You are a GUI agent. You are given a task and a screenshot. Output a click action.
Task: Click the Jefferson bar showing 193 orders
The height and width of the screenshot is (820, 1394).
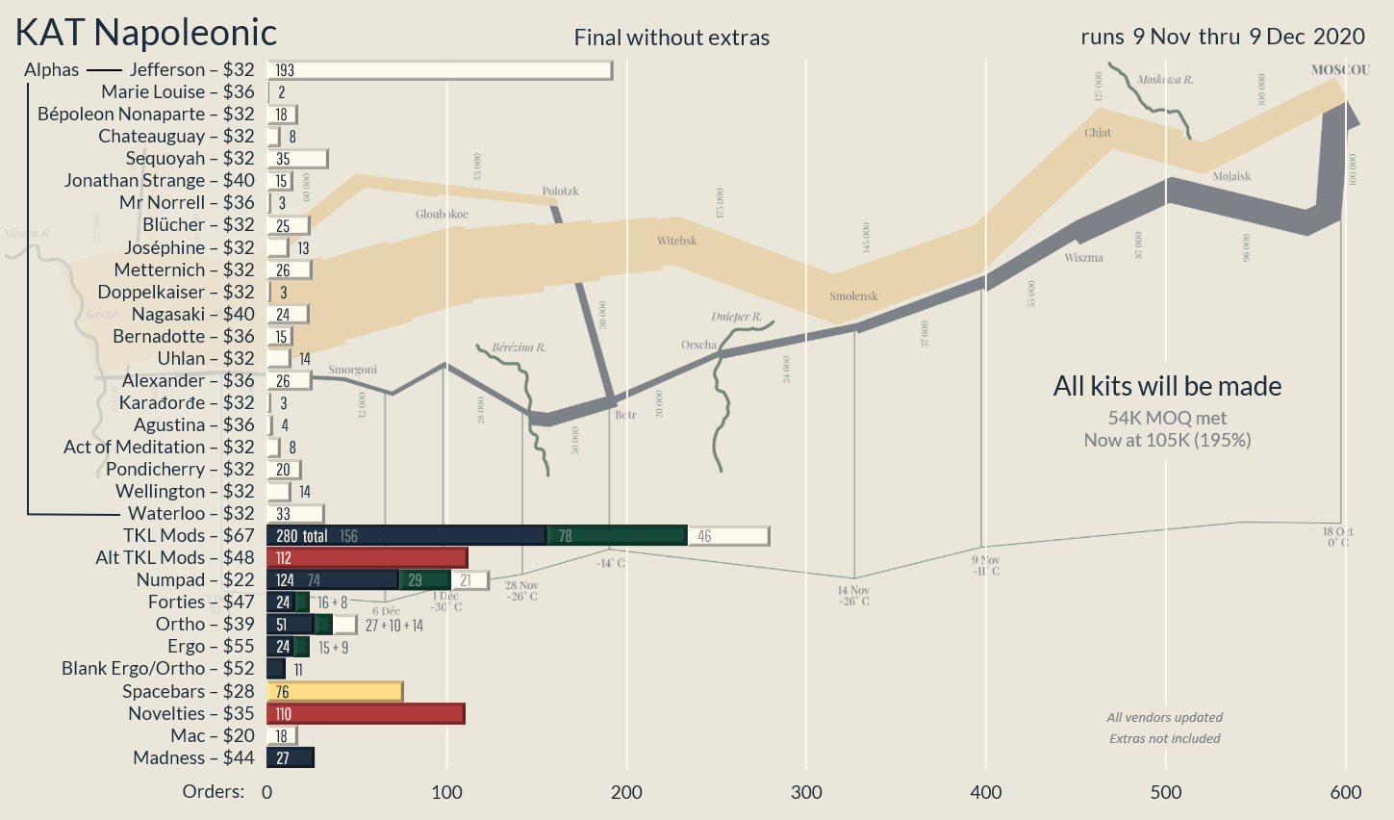point(439,70)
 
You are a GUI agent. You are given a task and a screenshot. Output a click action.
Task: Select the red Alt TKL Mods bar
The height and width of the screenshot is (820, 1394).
point(367,558)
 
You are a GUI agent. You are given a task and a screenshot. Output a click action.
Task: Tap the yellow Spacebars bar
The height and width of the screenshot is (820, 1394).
point(334,692)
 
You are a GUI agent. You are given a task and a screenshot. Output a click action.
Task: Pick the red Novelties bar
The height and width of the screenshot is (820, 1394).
point(366,714)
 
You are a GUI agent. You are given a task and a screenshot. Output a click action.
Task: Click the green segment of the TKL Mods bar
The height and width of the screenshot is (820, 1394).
point(617,536)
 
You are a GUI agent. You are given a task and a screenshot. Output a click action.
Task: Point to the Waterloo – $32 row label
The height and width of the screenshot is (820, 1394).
point(191,514)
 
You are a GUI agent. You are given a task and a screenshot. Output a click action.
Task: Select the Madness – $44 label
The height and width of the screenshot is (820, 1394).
point(193,758)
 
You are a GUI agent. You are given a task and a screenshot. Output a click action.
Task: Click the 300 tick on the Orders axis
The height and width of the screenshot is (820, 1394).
point(806,792)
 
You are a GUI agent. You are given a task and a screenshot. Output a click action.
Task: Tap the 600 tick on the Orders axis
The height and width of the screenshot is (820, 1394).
point(1345,792)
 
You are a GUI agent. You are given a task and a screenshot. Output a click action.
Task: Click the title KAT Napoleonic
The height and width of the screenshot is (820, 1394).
point(146,33)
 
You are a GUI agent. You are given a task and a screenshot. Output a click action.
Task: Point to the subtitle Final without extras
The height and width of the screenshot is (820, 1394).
point(672,38)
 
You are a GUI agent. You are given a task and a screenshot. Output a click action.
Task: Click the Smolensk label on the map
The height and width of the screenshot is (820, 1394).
point(853,296)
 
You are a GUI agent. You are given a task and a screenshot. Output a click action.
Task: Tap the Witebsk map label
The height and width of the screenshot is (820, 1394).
point(677,241)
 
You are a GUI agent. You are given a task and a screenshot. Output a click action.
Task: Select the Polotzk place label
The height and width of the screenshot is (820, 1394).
point(560,192)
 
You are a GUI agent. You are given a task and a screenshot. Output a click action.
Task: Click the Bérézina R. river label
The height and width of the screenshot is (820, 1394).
point(519,347)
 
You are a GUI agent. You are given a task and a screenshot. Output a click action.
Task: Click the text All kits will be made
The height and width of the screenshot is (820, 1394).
point(1167,387)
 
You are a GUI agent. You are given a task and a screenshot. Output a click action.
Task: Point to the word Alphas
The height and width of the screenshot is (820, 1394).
point(52,70)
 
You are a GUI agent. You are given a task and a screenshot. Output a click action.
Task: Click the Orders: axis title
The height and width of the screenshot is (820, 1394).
point(214,792)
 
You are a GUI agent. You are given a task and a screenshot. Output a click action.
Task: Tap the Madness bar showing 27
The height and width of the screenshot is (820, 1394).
point(291,758)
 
